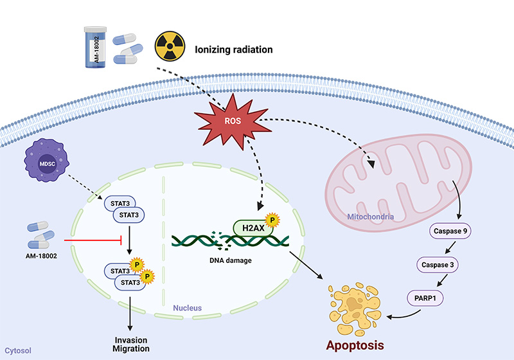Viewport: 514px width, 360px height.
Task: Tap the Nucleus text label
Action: pos(187,308)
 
